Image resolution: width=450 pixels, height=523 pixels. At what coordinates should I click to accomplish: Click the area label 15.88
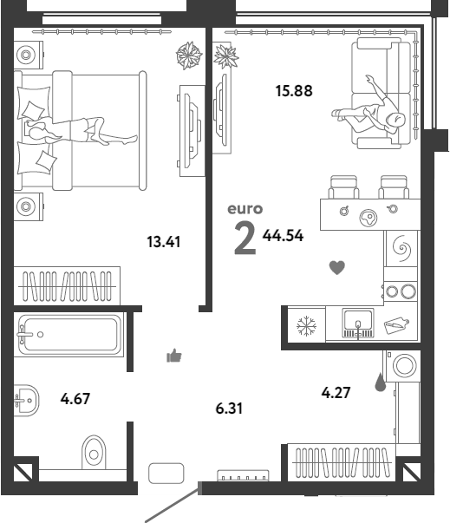pyautogui.click(x=294, y=91)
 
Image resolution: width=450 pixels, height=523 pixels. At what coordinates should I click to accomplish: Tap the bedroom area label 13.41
pyautogui.click(x=164, y=242)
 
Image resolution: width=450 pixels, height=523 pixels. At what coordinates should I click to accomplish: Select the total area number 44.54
pyautogui.click(x=283, y=236)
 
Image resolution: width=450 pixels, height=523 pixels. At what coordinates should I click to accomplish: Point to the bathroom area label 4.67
pyautogui.click(x=75, y=399)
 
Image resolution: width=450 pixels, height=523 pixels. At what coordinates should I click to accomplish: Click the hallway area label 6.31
pyautogui.click(x=229, y=409)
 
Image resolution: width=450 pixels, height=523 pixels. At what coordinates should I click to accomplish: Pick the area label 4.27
pyautogui.click(x=336, y=393)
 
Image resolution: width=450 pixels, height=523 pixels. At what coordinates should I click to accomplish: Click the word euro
pyautogui.click(x=245, y=209)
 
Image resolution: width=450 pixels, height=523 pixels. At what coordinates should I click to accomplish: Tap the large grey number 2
pyautogui.click(x=245, y=239)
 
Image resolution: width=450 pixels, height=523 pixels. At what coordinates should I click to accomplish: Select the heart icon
pyautogui.click(x=337, y=267)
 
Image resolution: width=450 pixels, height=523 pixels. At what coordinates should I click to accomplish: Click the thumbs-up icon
pyautogui.click(x=174, y=356)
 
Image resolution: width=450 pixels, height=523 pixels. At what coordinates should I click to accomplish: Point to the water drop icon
pyautogui.click(x=381, y=382)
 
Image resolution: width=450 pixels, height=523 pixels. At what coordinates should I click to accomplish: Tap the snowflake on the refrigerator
pyautogui.click(x=306, y=326)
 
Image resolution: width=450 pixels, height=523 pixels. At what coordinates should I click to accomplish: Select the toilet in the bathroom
pyautogui.click(x=94, y=452)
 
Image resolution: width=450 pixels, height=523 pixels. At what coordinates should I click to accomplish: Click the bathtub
pyautogui.click(x=69, y=335)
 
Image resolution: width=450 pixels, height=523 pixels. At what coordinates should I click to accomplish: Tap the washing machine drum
pyautogui.click(x=405, y=365)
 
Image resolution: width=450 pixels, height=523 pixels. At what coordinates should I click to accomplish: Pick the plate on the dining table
pyautogui.click(x=368, y=219)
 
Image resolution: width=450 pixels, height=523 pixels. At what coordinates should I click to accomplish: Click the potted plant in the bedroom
pyautogui.click(x=189, y=56)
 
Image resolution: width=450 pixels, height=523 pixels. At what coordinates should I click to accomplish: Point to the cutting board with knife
pyautogui.click(x=396, y=325)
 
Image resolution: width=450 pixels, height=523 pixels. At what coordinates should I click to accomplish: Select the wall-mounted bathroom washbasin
pyautogui.click(x=27, y=400)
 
